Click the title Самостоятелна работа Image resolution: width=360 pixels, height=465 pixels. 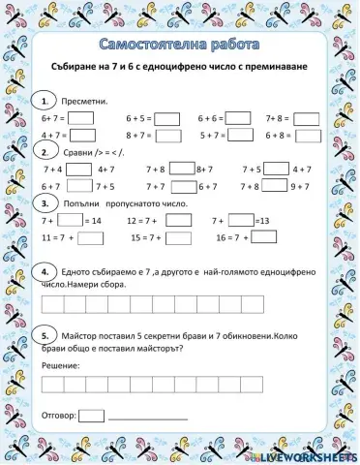tap(180, 46)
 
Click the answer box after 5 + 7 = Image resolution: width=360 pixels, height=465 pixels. tap(239, 137)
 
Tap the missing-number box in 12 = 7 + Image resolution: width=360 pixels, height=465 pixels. tap(177, 221)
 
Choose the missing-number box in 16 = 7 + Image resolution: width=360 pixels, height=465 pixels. tap(265, 237)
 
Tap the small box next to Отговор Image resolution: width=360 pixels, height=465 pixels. tap(91, 416)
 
